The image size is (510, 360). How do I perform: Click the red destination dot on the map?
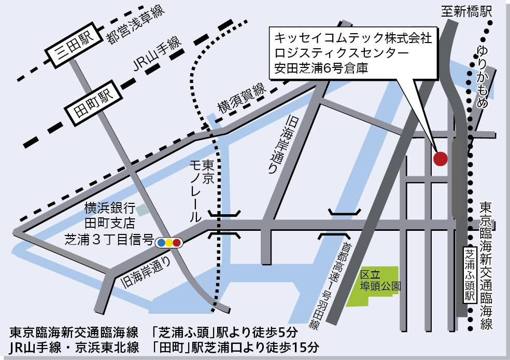tap(441, 158)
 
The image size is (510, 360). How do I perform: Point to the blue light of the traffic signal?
tap(161, 242)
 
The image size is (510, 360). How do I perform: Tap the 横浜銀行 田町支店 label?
tap(110, 216)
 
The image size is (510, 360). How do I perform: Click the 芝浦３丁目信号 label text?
tap(108, 240)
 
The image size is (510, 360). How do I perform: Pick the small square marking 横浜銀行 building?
tap(142, 209)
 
